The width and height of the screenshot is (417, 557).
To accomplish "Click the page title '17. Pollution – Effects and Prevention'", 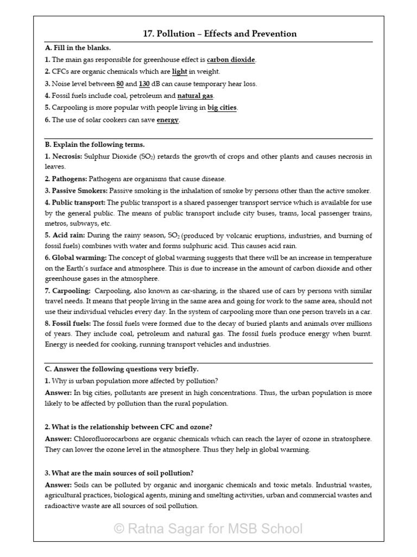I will tap(219, 34).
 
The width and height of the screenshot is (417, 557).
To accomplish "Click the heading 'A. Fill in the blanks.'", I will tap(78, 48).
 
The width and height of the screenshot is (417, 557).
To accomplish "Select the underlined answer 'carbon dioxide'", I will tap(231, 60).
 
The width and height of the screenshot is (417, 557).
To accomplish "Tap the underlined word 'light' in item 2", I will tap(179, 72).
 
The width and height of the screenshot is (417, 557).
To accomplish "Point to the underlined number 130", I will tap(144, 84).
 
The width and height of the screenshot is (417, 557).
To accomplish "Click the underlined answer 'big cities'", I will tap(222, 108).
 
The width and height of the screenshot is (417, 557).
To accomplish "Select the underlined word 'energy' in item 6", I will tap(168, 120).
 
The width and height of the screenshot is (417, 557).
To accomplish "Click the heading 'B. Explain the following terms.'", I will tap(94, 145).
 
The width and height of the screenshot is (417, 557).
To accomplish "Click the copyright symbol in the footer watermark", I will tap(119, 529).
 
